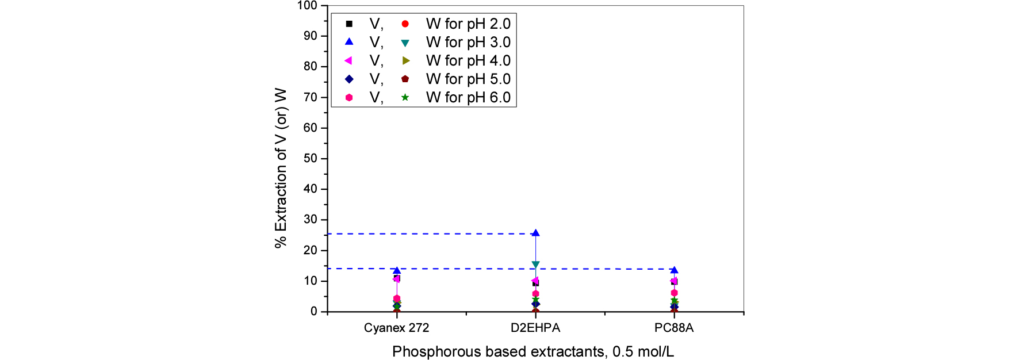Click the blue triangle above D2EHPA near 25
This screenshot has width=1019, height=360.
coord(535,233)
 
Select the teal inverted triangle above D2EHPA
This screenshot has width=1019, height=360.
coord(535,265)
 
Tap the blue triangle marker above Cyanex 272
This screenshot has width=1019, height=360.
coord(397,270)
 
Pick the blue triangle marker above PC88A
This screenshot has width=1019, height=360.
coord(674,270)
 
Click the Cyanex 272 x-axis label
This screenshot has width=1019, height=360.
coord(396,328)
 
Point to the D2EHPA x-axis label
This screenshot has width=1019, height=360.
coord(535,328)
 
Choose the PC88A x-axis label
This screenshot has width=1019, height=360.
coord(674,328)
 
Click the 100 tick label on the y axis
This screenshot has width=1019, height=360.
coord(307,6)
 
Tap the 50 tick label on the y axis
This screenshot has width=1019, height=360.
coord(311,158)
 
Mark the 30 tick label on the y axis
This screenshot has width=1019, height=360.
coord(311,219)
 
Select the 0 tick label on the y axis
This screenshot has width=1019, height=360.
coord(314,311)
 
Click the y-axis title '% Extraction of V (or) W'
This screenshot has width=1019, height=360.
coord(281,168)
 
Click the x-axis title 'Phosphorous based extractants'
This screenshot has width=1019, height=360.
coord(533,351)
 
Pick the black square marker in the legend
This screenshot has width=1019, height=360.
coord(349,24)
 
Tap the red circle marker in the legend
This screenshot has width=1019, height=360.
coord(405,24)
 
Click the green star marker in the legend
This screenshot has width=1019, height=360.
coord(405,97)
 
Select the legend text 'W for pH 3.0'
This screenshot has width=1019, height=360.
coord(468,42)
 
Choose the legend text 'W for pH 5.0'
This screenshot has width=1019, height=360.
coord(468,79)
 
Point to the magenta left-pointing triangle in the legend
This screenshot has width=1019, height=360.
coord(348,60)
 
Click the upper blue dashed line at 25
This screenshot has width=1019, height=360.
coord(431,233)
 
